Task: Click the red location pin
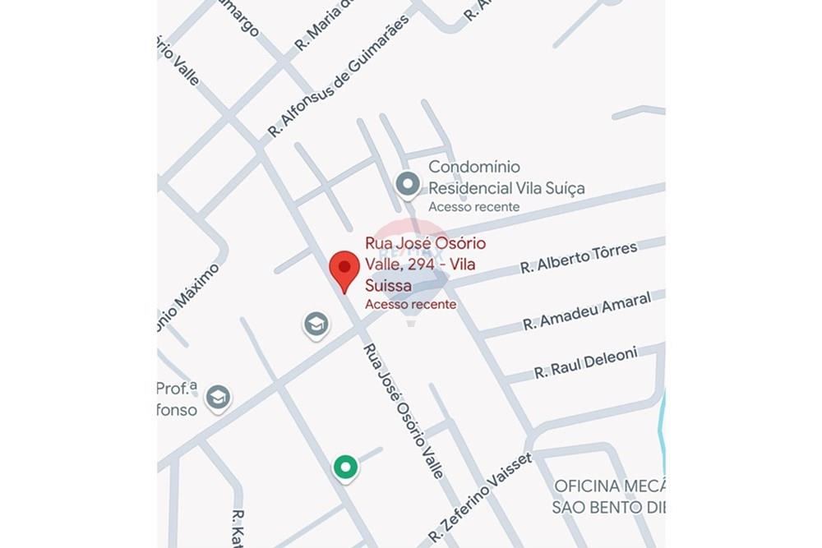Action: [x=344, y=270]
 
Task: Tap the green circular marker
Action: [x=346, y=467]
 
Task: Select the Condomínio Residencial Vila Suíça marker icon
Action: [x=408, y=185]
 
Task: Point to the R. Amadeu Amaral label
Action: [x=586, y=311]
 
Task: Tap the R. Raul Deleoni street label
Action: [x=585, y=362]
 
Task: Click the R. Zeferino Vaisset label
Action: [x=480, y=499]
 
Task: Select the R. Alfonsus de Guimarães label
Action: [x=338, y=75]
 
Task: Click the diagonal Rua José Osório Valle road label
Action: [x=404, y=410]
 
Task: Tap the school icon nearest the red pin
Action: [x=316, y=325]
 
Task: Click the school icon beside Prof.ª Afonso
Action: [x=218, y=398]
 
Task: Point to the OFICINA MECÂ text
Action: [x=609, y=486]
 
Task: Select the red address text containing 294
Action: [x=425, y=265]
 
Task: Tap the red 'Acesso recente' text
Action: [x=410, y=304]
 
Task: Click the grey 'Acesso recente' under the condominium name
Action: [x=473, y=206]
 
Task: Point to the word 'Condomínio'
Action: [x=479, y=167]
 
